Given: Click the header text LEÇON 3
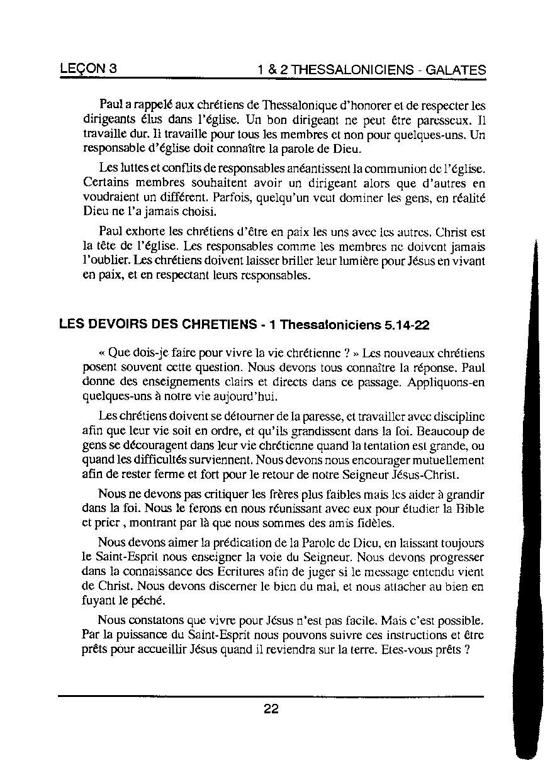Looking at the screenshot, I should [87, 69].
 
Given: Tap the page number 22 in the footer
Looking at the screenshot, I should [271, 709].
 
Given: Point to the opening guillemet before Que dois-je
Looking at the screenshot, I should [103, 354].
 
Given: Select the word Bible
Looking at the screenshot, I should [469, 509].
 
